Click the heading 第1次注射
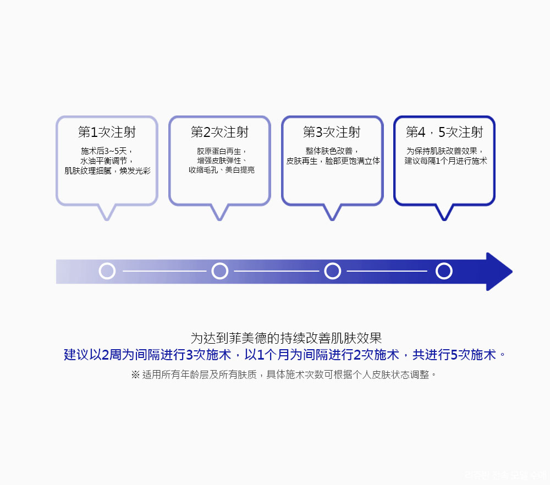[107, 133]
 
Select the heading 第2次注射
[219, 133]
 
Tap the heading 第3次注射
[332, 133]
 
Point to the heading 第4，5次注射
[444, 133]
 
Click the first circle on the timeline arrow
[107, 271]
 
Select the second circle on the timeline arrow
[220, 271]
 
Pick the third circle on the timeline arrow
[332, 271]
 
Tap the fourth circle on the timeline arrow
[444, 271]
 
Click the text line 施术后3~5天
[107, 151]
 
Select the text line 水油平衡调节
[107, 161]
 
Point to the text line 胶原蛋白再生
[221, 151]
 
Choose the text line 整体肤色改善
[333, 151]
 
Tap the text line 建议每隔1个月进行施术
[446, 161]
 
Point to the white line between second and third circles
[276, 271]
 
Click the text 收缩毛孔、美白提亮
[221, 170]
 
